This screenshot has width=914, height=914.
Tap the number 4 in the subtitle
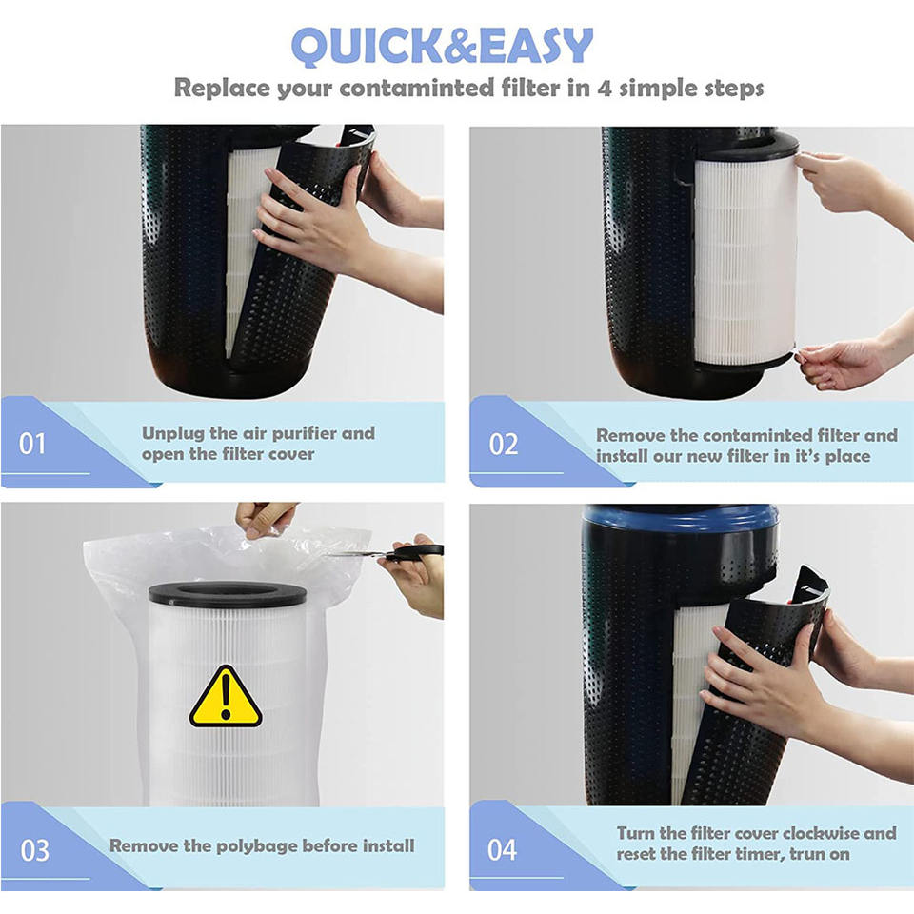point(604,88)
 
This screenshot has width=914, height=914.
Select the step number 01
point(32,444)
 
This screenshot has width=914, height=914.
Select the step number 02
point(503,445)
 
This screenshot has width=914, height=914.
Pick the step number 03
point(35,850)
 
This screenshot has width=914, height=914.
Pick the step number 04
point(502,850)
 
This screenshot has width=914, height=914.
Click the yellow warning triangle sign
point(226,698)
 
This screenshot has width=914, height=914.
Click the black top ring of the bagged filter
point(228,593)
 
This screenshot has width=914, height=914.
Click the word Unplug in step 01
point(173,434)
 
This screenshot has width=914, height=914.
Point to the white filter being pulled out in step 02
point(745,259)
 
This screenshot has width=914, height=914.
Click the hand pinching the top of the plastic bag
point(266,519)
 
